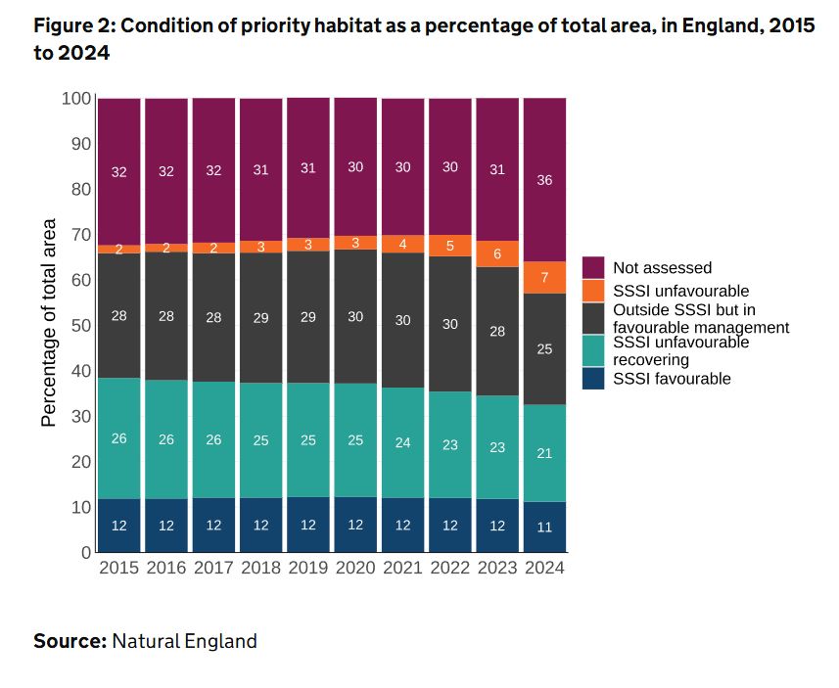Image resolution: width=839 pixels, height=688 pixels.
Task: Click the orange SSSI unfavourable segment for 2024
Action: pyautogui.click(x=544, y=277)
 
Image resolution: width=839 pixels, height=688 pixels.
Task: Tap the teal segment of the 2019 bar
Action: pyautogui.click(x=307, y=439)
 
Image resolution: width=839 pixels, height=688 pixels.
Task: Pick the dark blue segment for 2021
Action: pyautogui.click(x=402, y=525)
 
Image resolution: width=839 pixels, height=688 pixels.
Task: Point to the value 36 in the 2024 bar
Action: pyautogui.click(x=544, y=180)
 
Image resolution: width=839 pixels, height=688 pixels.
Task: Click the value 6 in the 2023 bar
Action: pyautogui.click(x=497, y=254)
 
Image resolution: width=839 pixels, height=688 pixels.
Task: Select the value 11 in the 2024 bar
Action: pyautogui.click(x=544, y=527)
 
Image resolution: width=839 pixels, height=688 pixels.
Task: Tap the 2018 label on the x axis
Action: pyautogui.click(x=260, y=568)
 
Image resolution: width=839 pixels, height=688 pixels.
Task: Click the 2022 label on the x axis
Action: pyautogui.click(x=449, y=568)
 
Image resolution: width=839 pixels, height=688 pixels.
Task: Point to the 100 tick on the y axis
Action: pyautogui.click(x=75, y=99)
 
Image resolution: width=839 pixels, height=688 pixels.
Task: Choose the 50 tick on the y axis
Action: pyautogui.click(x=79, y=325)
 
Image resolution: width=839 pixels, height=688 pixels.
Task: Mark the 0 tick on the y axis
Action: pyautogui.click(x=85, y=553)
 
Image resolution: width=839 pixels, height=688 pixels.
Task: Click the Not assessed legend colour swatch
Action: pyautogui.click(x=593, y=267)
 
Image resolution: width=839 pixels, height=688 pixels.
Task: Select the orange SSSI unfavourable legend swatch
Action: pyautogui.click(x=593, y=291)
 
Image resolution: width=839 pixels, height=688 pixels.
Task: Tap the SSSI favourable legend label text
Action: pyautogui.click(x=672, y=379)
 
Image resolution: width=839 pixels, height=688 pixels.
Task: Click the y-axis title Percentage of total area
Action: pyautogui.click(x=48, y=324)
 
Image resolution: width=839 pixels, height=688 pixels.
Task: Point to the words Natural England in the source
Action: pyautogui.click(x=184, y=642)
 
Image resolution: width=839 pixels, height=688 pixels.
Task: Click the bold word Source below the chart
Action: pyautogui.click(x=70, y=642)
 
